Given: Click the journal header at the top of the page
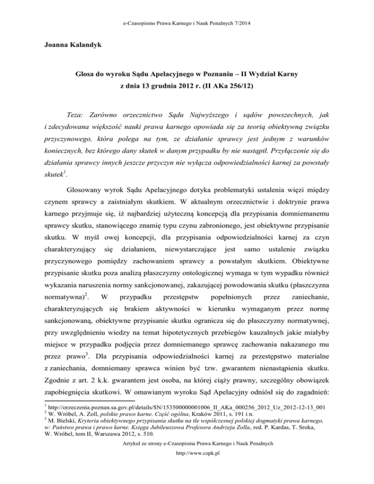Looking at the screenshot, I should pyautogui.click(x=187, y=8).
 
